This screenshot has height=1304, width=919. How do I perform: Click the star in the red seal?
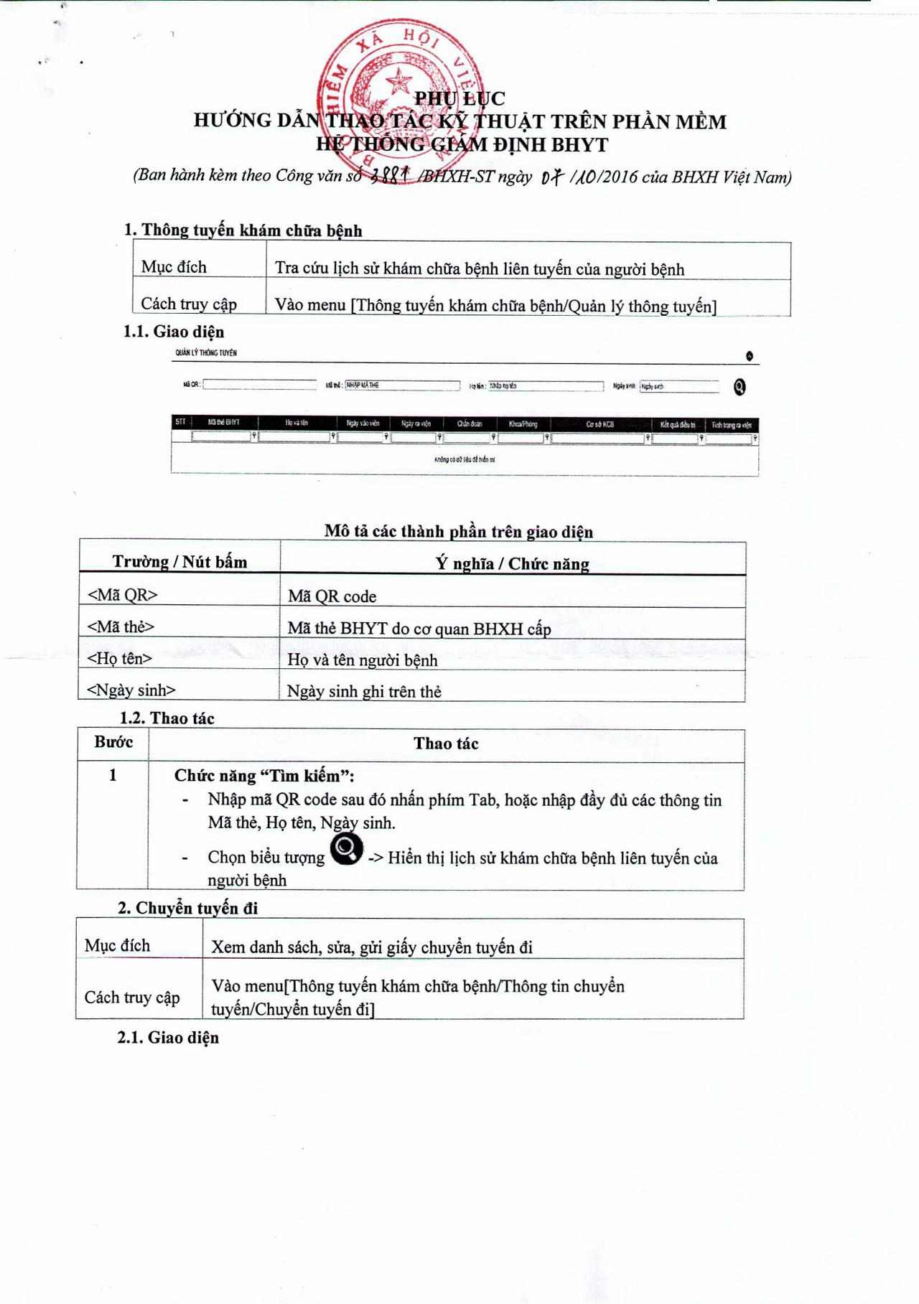(x=399, y=80)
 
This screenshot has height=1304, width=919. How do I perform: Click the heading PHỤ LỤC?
(x=459, y=98)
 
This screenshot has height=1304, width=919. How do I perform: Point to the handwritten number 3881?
(x=389, y=175)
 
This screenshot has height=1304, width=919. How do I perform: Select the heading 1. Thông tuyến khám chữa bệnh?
(x=243, y=230)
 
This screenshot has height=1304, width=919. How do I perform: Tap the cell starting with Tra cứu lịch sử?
(x=479, y=269)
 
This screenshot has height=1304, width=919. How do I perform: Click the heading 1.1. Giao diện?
(x=173, y=332)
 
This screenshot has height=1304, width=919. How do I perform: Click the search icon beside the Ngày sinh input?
(x=740, y=387)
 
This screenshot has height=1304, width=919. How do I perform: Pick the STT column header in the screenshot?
(x=180, y=423)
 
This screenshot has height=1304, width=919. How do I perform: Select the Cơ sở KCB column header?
(x=600, y=424)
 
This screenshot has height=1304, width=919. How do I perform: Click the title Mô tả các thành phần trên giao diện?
(x=458, y=532)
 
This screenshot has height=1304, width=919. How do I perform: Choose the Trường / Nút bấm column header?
(x=179, y=562)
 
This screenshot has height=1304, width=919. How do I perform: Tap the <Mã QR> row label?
(x=122, y=595)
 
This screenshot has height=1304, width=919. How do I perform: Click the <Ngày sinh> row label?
(x=131, y=690)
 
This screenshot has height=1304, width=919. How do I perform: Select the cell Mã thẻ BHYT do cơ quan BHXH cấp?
(x=419, y=629)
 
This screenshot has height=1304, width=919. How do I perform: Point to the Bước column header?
(x=113, y=742)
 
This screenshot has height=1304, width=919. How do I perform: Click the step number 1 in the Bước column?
(x=113, y=775)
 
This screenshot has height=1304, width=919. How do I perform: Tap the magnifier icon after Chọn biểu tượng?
(x=346, y=850)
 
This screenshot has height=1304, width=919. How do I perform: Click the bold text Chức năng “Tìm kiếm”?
(x=264, y=776)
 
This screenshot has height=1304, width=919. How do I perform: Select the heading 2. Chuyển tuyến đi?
(x=187, y=908)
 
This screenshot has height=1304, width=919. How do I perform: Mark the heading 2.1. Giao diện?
(x=168, y=1038)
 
